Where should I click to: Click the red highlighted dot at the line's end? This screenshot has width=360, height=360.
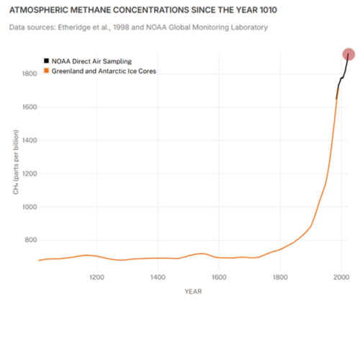point(348,55)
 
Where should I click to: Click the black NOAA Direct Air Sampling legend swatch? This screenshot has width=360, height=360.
point(47,62)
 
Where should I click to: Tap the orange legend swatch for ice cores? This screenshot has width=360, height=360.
point(47,71)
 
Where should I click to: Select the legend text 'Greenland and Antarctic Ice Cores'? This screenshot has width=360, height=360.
point(104,71)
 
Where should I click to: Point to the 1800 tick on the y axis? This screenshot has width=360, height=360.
point(29,74)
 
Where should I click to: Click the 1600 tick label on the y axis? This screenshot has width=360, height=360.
point(29,107)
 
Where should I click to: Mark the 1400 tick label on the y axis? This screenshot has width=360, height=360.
point(29,140)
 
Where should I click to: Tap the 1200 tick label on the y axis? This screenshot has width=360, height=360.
point(29,174)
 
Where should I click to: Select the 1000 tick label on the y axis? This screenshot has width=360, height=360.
point(29,207)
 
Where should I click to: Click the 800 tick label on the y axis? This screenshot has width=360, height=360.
point(30,240)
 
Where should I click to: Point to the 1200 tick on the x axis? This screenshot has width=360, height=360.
point(96,276)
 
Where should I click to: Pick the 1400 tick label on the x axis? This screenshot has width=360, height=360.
point(158,276)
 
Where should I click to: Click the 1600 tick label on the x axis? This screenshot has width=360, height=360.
point(219,276)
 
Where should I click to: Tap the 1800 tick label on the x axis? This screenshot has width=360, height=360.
point(280,276)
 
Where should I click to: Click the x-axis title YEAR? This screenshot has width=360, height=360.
point(192,292)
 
